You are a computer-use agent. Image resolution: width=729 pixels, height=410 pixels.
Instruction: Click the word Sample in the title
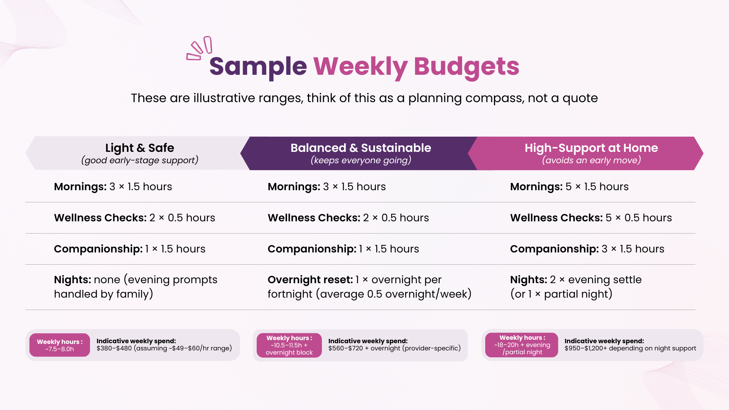coord(258,66)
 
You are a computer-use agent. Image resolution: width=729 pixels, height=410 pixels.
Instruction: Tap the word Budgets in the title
coord(466,66)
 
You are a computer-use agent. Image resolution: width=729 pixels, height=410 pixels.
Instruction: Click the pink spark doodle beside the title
coord(199,49)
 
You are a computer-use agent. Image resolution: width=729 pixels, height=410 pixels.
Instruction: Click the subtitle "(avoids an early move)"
coord(591,160)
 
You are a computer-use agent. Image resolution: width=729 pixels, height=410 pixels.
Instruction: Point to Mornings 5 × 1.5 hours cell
coord(569,187)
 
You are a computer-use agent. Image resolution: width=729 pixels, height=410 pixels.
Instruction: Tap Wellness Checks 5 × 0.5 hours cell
coord(591,218)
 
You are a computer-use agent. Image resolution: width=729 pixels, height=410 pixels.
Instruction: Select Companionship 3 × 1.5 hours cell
coord(587,249)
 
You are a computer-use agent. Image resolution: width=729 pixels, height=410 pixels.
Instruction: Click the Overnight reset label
coord(310,280)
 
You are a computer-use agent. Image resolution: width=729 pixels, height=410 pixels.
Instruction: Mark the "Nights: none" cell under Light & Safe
coord(136,287)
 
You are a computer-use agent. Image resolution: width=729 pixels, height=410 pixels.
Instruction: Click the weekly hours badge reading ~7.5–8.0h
coord(60,345)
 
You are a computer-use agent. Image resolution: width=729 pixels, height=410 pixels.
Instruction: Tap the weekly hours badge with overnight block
coord(289,345)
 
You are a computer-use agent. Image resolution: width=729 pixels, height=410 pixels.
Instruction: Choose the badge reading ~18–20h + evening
coord(522,345)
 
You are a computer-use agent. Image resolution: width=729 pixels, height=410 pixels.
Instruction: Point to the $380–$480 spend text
coord(164,348)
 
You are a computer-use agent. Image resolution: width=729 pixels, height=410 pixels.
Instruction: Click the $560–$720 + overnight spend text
coord(394,348)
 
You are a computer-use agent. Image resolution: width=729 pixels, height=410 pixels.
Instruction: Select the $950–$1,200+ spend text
coord(630,348)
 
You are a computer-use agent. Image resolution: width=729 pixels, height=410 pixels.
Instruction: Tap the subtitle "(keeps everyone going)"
coord(361,160)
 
